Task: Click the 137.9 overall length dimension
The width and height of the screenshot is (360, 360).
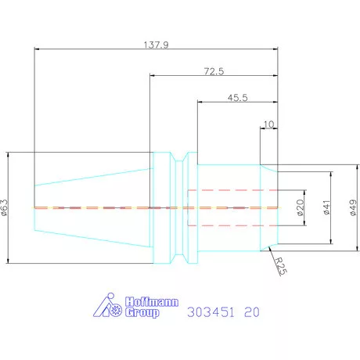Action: pyautogui.click(x=156, y=45)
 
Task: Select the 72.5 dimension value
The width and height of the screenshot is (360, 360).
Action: pyautogui.click(x=214, y=71)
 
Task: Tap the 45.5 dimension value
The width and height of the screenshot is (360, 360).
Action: pyautogui.click(x=237, y=98)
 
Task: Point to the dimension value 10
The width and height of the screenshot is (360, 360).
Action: pyautogui.click(x=268, y=124)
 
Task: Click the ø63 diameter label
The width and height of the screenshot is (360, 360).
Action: pyautogui.click(x=5, y=207)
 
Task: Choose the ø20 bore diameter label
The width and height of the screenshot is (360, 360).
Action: pyautogui.click(x=301, y=207)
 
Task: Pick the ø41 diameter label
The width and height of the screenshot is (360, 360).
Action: pyautogui.click(x=326, y=207)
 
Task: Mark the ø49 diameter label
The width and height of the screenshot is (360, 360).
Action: pyautogui.click(x=353, y=207)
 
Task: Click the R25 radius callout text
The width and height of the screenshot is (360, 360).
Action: pyautogui.click(x=281, y=266)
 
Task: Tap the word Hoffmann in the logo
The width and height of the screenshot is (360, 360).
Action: pyautogui.click(x=152, y=302)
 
